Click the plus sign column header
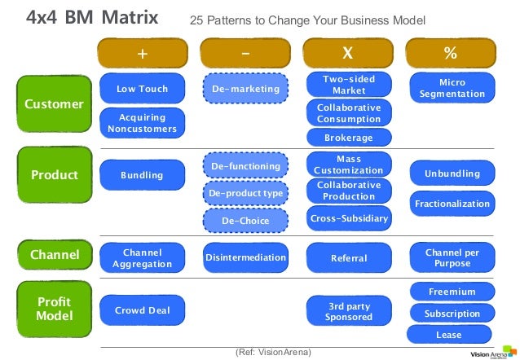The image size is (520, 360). [142, 54]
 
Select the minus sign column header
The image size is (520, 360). [245, 54]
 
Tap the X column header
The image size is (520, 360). [348, 54]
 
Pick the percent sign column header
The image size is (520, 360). [451, 54]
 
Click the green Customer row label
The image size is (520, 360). [54, 105]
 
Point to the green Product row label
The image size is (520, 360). [54, 175]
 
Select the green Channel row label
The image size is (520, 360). [54, 256]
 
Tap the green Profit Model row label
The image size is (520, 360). [54, 310]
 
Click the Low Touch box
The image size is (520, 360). [142, 89]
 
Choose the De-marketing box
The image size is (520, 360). [245, 89]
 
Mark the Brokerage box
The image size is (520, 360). [349, 138]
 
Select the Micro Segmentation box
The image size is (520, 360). [452, 89]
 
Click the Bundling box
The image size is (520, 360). [142, 175]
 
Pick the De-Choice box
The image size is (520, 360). [245, 221]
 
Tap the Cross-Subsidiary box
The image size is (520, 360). [349, 218]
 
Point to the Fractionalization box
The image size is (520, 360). [452, 204]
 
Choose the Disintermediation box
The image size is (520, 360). [245, 258]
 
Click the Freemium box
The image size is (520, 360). [452, 292]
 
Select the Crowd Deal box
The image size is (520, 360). [142, 310]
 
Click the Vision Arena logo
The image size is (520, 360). [491, 353]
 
